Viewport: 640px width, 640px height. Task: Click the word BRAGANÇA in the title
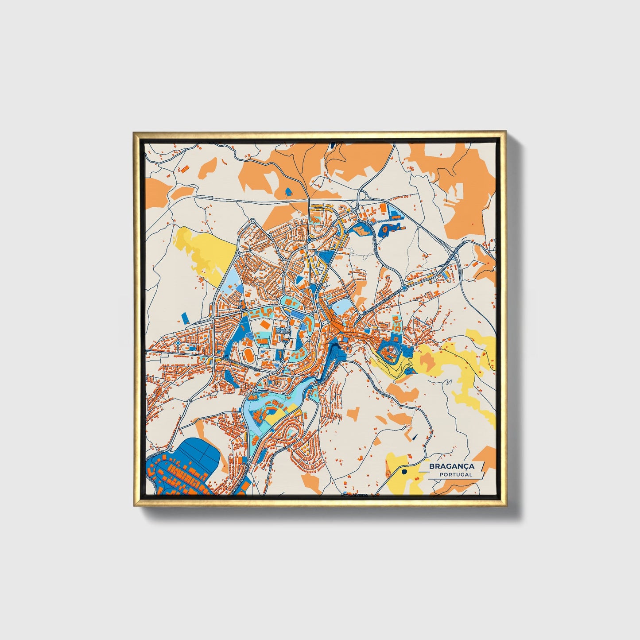[x=451, y=466]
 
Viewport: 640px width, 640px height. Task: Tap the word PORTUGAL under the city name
[x=456, y=474]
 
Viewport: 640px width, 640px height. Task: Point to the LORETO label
[x=282, y=331]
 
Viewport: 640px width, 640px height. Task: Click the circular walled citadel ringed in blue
[x=390, y=352]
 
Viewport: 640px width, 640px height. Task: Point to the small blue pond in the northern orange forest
[x=289, y=191]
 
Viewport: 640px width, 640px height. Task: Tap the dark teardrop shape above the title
[x=415, y=437]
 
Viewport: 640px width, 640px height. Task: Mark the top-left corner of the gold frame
[x=133, y=132]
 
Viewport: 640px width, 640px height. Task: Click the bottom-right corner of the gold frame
[x=506, y=506]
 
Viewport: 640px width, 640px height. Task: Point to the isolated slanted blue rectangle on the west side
[x=185, y=317]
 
